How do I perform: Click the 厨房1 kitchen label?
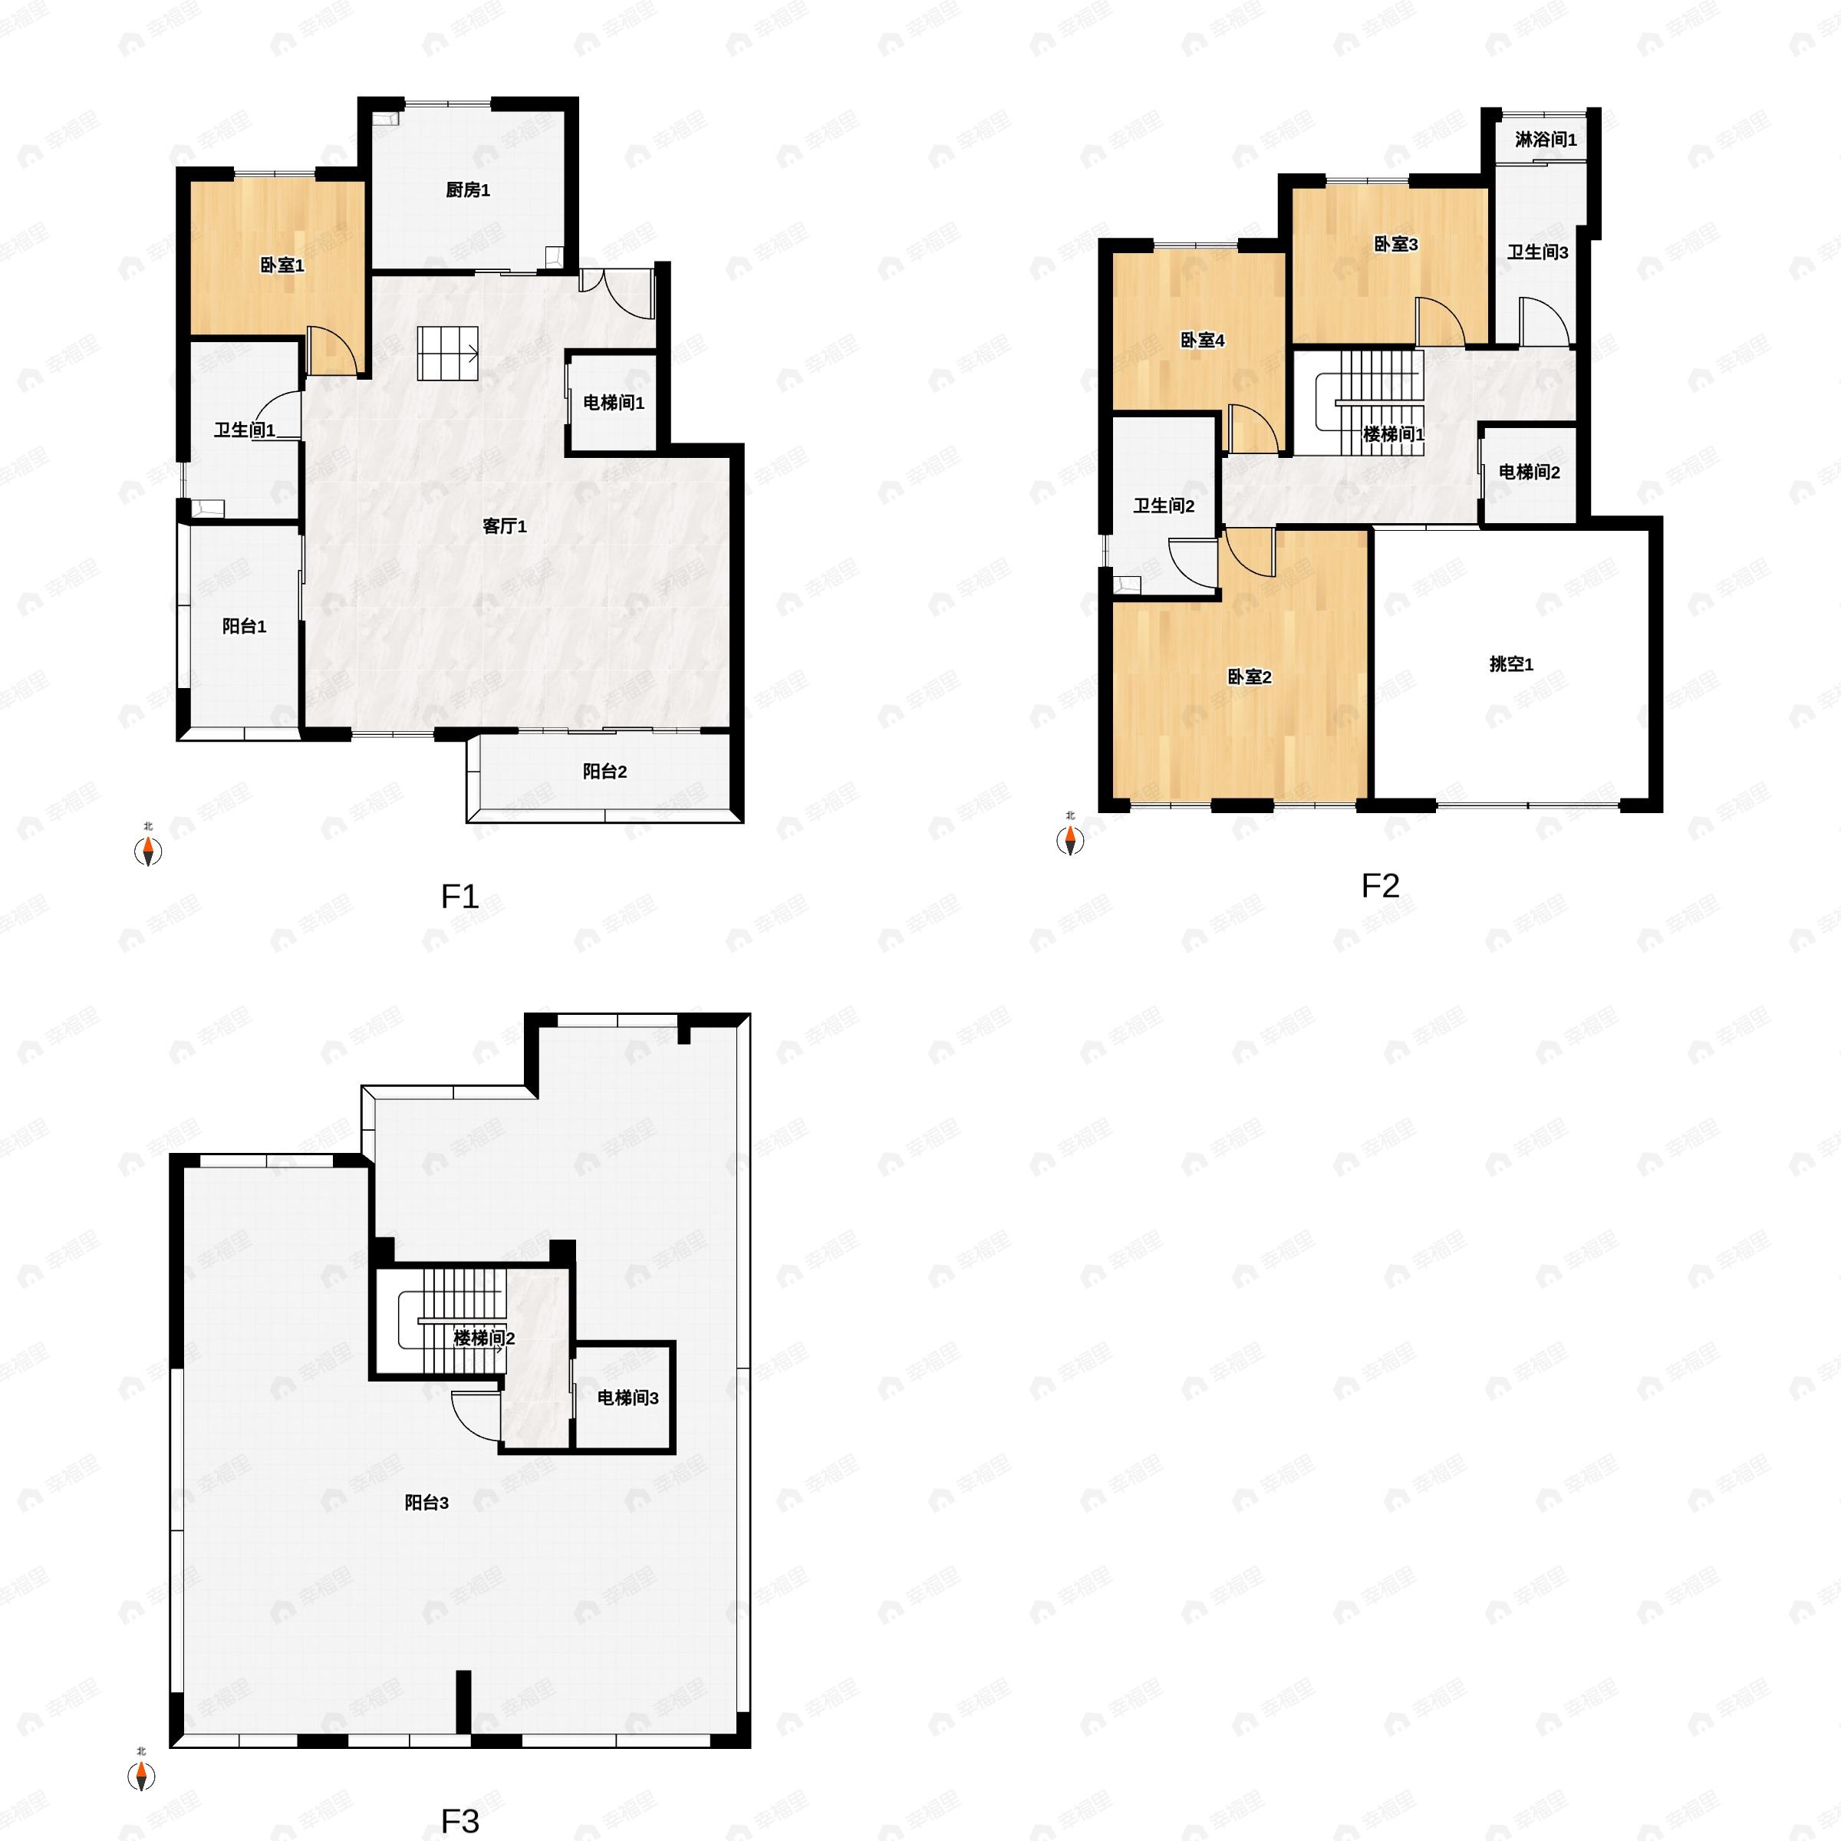tap(467, 190)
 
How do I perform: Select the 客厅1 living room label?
tap(504, 526)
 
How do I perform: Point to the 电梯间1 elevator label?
tap(614, 403)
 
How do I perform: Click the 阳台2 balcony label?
tap(605, 771)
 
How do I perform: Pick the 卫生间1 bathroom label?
tap(245, 430)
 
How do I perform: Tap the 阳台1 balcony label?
tap(244, 626)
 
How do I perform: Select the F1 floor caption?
tap(459, 897)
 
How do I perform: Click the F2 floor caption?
tap(1380, 886)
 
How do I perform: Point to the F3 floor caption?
tap(459, 1821)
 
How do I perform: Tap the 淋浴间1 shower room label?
tap(1546, 140)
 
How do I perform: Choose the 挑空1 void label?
tap(1511, 664)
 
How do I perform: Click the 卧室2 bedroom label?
tap(1250, 677)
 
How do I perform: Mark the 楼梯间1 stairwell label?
tap(1393, 434)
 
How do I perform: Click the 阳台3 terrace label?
tap(426, 1503)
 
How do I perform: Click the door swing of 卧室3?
tap(1439, 322)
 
